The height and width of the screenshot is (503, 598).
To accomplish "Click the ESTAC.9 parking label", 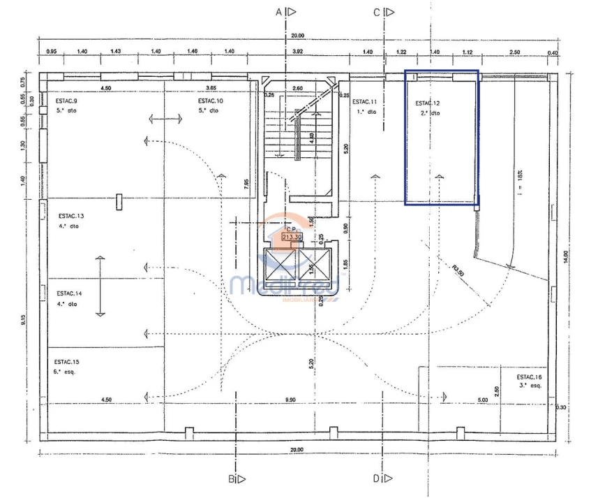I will click(x=67, y=101).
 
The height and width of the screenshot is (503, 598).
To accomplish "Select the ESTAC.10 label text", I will click(x=209, y=101).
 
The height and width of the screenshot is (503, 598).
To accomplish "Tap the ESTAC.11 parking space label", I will click(x=365, y=102).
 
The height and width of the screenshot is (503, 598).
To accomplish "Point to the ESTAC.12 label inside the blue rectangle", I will click(x=428, y=103).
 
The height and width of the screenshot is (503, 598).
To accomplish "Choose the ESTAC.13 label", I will click(x=70, y=217).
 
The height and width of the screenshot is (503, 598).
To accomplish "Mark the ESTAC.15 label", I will click(x=67, y=362).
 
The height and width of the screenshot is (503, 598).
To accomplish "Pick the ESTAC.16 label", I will click(x=529, y=377).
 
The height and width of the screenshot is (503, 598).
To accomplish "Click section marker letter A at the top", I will click(x=278, y=12).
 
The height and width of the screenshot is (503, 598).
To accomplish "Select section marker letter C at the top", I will click(x=376, y=12).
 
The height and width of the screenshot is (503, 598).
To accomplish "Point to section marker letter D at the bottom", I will click(x=375, y=479).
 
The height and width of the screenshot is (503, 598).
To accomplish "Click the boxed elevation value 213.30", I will click(x=291, y=237).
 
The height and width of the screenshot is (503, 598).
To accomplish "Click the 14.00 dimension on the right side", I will click(x=574, y=256).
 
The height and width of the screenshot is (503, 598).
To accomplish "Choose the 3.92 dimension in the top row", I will click(x=297, y=52).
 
